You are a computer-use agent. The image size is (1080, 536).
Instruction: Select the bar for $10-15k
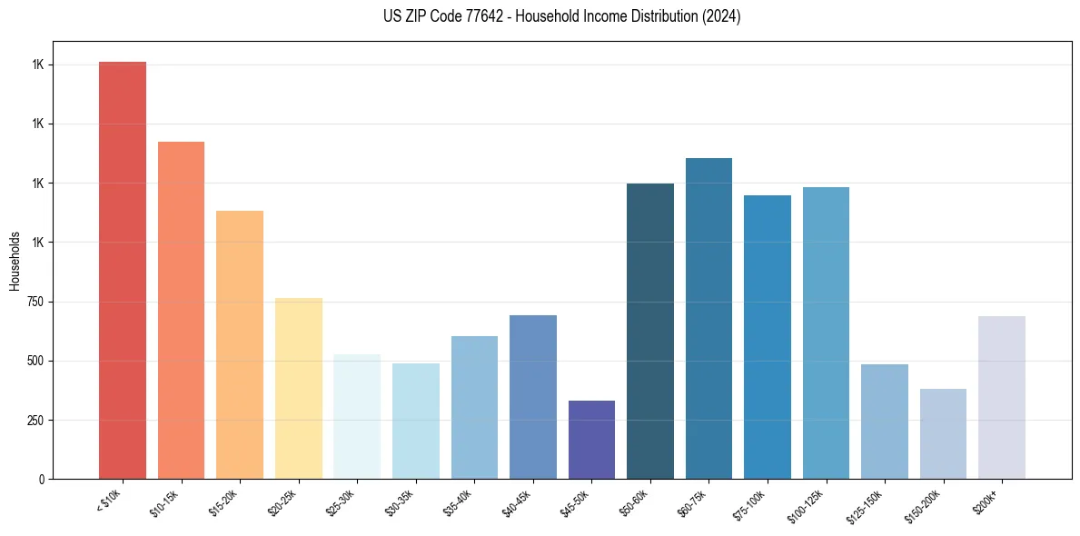point(181,310)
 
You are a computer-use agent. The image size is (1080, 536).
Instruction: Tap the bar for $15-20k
point(240,344)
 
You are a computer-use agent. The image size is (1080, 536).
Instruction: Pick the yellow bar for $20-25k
point(298,388)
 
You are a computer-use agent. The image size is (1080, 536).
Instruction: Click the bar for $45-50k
point(591,440)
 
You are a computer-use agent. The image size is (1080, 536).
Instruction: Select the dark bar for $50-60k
point(650,331)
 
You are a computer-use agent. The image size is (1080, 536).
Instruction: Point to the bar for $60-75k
point(708,318)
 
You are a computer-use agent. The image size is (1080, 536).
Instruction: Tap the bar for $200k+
point(1002,397)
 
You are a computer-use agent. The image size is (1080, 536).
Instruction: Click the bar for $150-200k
point(943,433)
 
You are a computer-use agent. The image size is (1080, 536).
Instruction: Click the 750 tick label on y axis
point(34,302)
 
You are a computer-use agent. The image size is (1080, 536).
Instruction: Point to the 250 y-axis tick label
point(34,420)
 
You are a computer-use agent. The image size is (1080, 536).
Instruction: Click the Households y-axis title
point(15,261)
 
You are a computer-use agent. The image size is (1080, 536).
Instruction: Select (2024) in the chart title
point(722,16)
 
